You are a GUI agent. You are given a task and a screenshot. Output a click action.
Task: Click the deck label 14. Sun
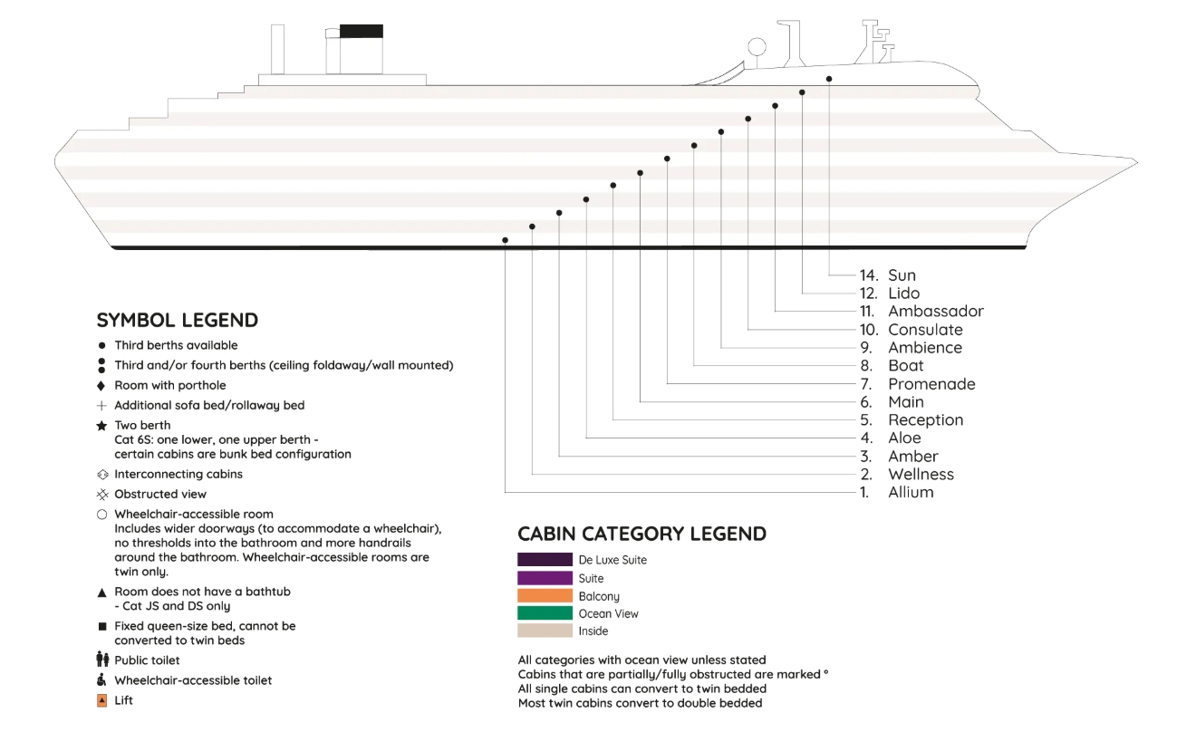pyautogui.click(x=887, y=275)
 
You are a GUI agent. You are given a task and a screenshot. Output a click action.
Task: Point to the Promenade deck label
pyautogui.click(x=917, y=384)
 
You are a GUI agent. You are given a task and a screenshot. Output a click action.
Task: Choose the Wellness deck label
pyautogui.click(x=906, y=475)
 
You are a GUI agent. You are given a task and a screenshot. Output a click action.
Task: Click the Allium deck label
pyautogui.click(x=896, y=493)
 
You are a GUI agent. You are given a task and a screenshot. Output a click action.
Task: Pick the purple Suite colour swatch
pyautogui.click(x=545, y=578)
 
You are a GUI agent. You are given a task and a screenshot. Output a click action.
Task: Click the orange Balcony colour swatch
pyautogui.click(x=545, y=596)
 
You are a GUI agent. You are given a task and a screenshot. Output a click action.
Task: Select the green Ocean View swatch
pyautogui.click(x=545, y=613)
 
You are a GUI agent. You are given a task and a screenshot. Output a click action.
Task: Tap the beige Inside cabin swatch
pyautogui.click(x=545, y=631)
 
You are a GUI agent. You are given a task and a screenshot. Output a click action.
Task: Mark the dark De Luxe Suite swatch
pyautogui.click(x=545, y=560)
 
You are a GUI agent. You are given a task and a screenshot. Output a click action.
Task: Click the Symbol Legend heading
pyautogui.click(x=178, y=320)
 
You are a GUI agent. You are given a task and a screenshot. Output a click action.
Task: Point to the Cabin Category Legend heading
pyautogui.click(x=641, y=534)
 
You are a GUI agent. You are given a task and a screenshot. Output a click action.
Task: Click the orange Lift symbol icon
pyautogui.click(x=102, y=700)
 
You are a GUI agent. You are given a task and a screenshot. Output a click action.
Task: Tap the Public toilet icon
pyautogui.click(x=102, y=660)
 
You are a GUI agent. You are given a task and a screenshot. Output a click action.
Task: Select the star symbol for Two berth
pyautogui.click(x=101, y=425)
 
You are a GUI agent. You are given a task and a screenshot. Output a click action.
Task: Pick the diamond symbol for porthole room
pyautogui.click(x=101, y=386)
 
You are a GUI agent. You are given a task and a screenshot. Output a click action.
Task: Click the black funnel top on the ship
pyautogui.click(x=361, y=32)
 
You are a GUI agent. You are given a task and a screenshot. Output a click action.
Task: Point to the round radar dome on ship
pyautogui.click(x=757, y=48)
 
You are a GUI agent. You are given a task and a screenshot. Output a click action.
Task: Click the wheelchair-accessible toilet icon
pyautogui.click(x=102, y=680)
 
